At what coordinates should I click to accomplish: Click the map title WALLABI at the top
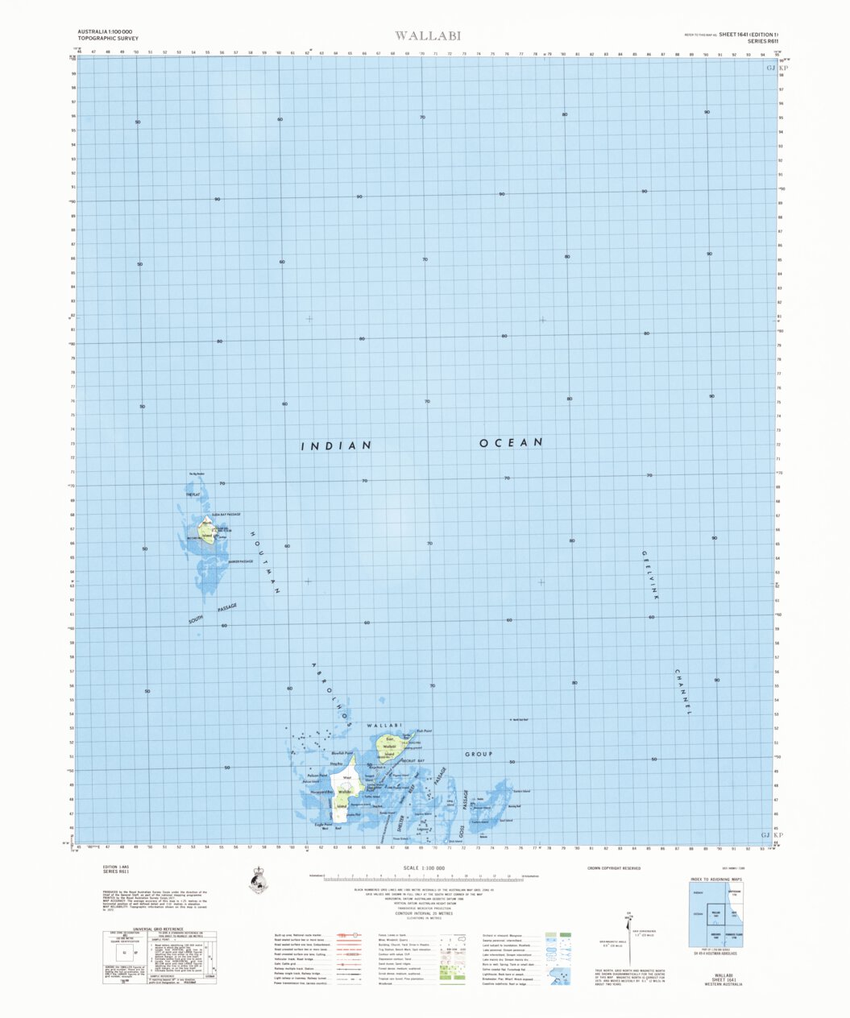[x=417, y=35]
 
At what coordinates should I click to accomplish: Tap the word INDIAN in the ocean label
[x=336, y=445]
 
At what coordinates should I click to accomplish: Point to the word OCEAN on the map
[x=511, y=443]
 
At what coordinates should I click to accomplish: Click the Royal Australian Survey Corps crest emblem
[x=259, y=880]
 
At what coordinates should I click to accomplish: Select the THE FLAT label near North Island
[x=193, y=495]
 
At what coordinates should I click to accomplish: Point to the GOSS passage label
[x=462, y=831]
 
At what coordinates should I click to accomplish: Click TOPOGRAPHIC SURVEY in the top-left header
[x=108, y=38]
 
